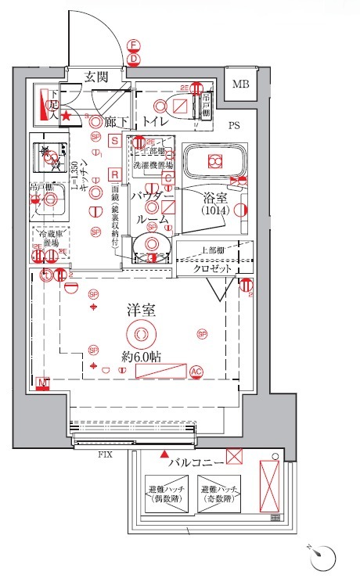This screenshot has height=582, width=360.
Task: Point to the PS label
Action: (234, 125)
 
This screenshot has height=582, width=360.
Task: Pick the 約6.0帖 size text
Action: (141, 356)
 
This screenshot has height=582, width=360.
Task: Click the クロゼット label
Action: (214, 268)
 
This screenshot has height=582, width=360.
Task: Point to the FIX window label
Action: (103, 454)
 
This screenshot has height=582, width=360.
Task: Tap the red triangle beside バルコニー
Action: (164, 454)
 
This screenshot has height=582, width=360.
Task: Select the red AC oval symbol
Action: (196, 371)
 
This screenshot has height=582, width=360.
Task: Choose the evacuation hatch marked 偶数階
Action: (164, 494)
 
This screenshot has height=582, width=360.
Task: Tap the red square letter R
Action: (114, 174)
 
